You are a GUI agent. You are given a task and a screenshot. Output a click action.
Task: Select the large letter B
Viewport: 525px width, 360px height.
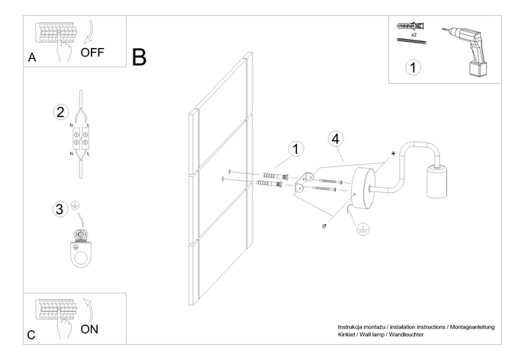click(x=139, y=56)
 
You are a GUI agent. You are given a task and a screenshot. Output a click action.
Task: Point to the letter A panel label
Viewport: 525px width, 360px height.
click(x=31, y=57)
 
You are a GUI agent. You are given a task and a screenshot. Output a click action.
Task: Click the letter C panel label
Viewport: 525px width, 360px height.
click(x=31, y=335)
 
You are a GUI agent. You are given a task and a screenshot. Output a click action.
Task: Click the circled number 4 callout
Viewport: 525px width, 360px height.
click(x=336, y=139)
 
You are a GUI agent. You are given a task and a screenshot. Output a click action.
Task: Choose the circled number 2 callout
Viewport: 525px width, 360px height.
click(x=61, y=112)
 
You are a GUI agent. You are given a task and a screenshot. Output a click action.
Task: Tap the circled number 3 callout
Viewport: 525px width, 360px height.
click(x=59, y=208)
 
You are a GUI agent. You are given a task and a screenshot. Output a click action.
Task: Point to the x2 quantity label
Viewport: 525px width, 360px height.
click(x=413, y=35)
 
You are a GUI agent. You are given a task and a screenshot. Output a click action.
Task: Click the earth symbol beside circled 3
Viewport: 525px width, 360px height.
click(x=76, y=205)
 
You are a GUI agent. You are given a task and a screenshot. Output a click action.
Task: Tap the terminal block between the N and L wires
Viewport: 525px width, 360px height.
click(x=81, y=138)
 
